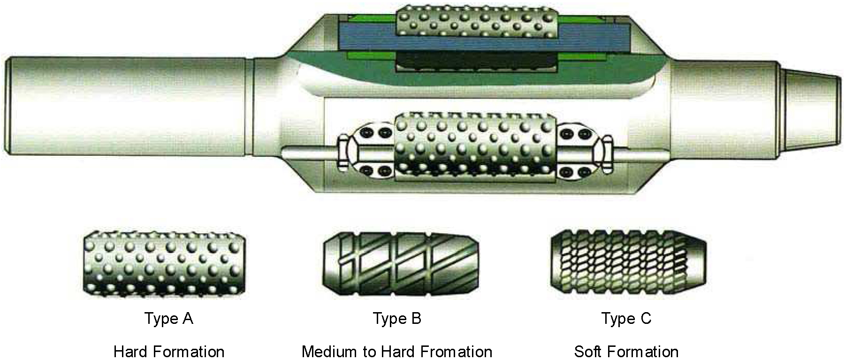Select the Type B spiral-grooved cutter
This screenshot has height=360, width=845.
pyautogui.click(x=401, y=264)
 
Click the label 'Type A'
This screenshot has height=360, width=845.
pyautogui.click(x=169, y=319)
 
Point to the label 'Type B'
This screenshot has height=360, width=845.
pyautogui.click(x=397, y=319)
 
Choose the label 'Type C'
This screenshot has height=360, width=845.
pyautogui.click(x=626, y=319)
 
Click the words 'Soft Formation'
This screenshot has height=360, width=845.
pyautogui.click(x=626, y=352)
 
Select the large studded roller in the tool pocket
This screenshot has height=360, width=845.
pyautogui.click(x=476, y=146)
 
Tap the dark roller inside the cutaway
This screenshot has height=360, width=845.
pyautogui.click(x=475, y=62)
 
